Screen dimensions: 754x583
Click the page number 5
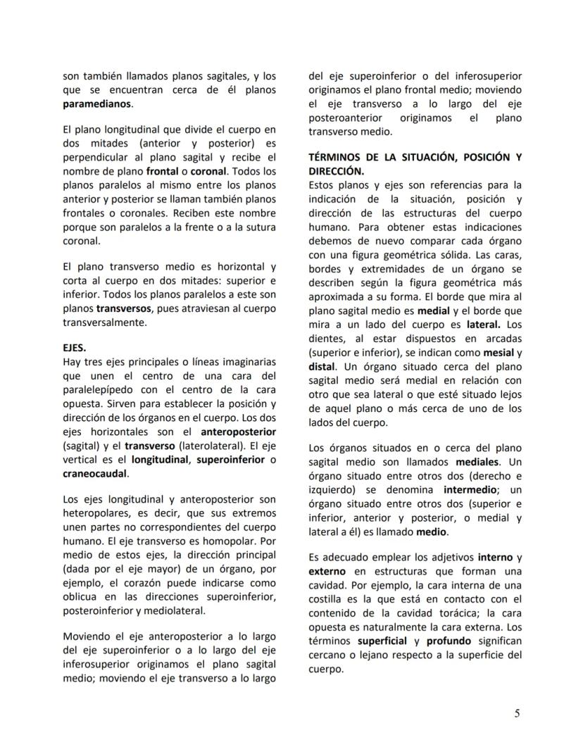(x=517, y=713)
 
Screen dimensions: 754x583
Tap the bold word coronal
(x=208, y=171)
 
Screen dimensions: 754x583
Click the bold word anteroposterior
(x=239, y=430)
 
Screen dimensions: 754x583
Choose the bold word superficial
(x=383, y=641)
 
